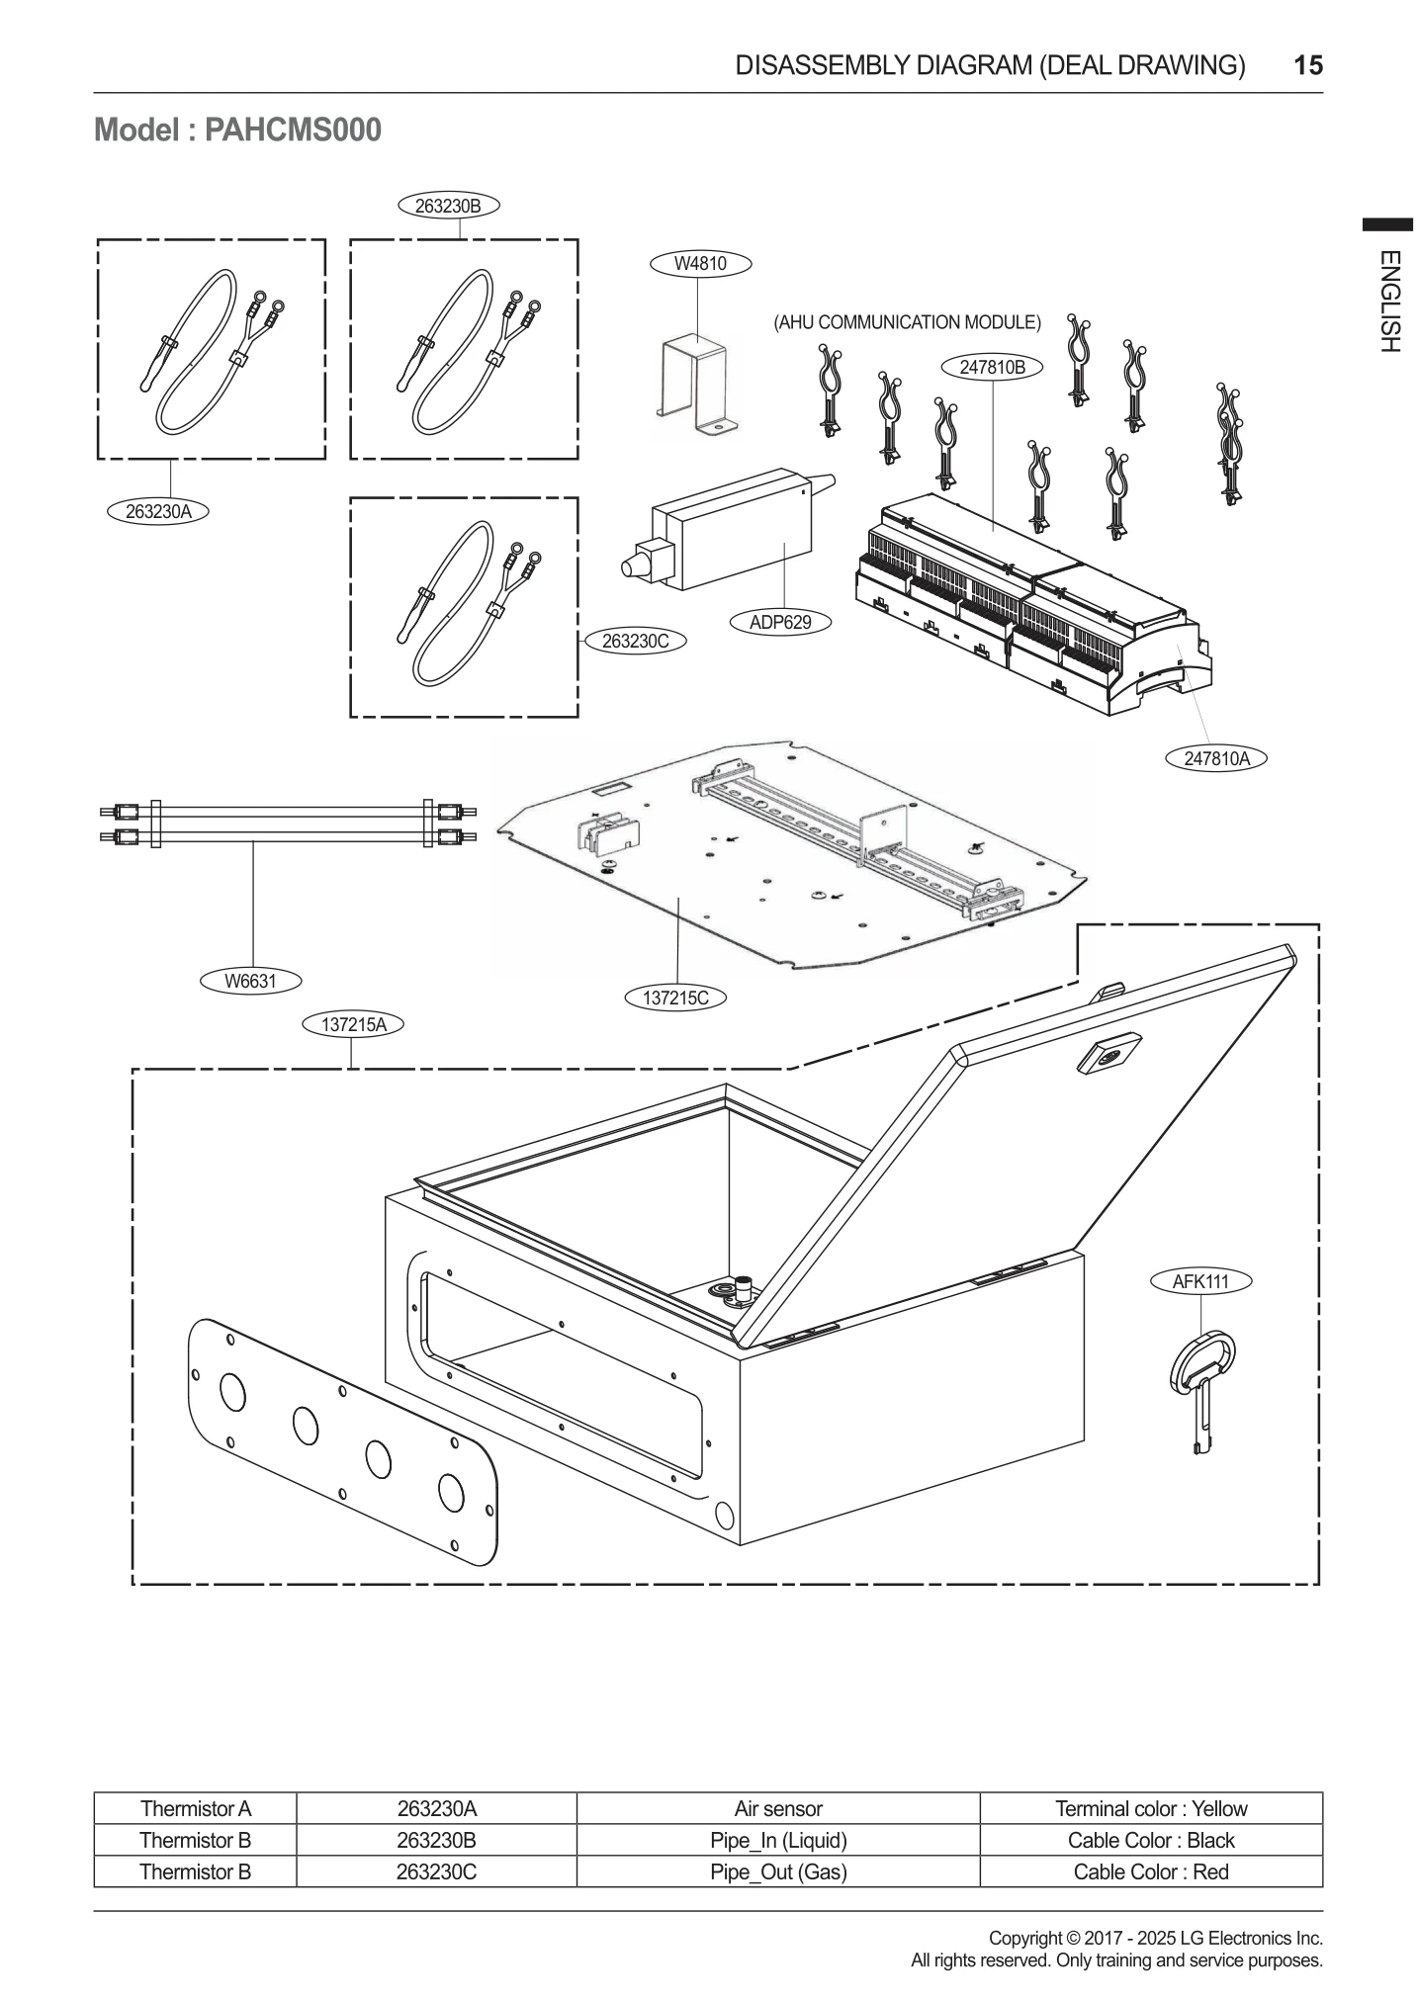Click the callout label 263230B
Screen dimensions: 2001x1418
[x=448, y=206]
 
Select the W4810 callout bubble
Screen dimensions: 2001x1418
[x=700, y=264]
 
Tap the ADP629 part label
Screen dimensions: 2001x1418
[x=780, y=622]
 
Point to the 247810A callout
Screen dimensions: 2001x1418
[x=1216, y=758]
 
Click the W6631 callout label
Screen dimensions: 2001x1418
[x=250, y=981]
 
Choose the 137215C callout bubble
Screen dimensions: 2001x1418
[x=675, y=998]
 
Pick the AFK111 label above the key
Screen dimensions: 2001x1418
[x=1200, y=1281]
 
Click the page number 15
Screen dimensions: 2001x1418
[x=1307, y=66]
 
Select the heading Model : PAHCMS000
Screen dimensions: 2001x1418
[x=237, y=130]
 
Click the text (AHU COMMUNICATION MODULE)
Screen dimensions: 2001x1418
[x=907, y=322]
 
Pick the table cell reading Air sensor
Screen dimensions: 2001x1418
[x=778, y=1808]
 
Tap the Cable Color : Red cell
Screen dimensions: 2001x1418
[x=1151, y=1871]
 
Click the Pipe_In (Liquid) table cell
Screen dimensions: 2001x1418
[x=778, y=1840]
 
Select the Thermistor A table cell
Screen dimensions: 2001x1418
[x=196, y=1808]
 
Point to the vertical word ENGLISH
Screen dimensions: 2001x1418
[x=1388, y=302]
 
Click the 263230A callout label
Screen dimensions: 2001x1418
[x=158, y=511]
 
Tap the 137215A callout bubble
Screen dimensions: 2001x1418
[x=353, y=1024]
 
